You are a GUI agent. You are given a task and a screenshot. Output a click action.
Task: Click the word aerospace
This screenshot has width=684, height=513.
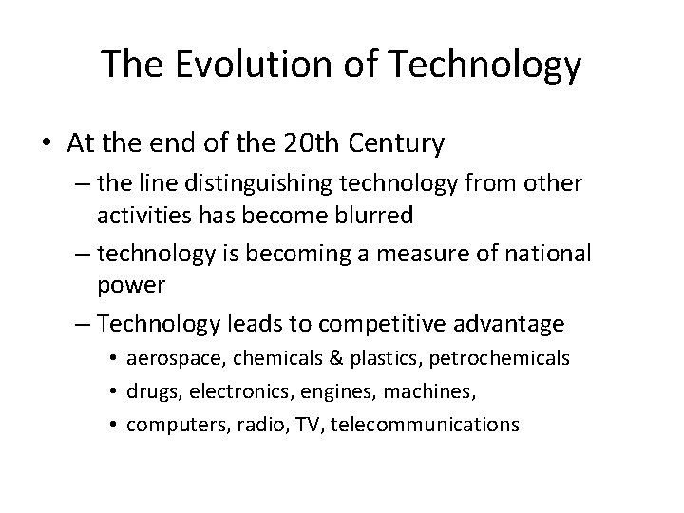click(167, 357)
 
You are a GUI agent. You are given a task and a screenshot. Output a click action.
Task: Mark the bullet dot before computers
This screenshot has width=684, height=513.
click(112, 424)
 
